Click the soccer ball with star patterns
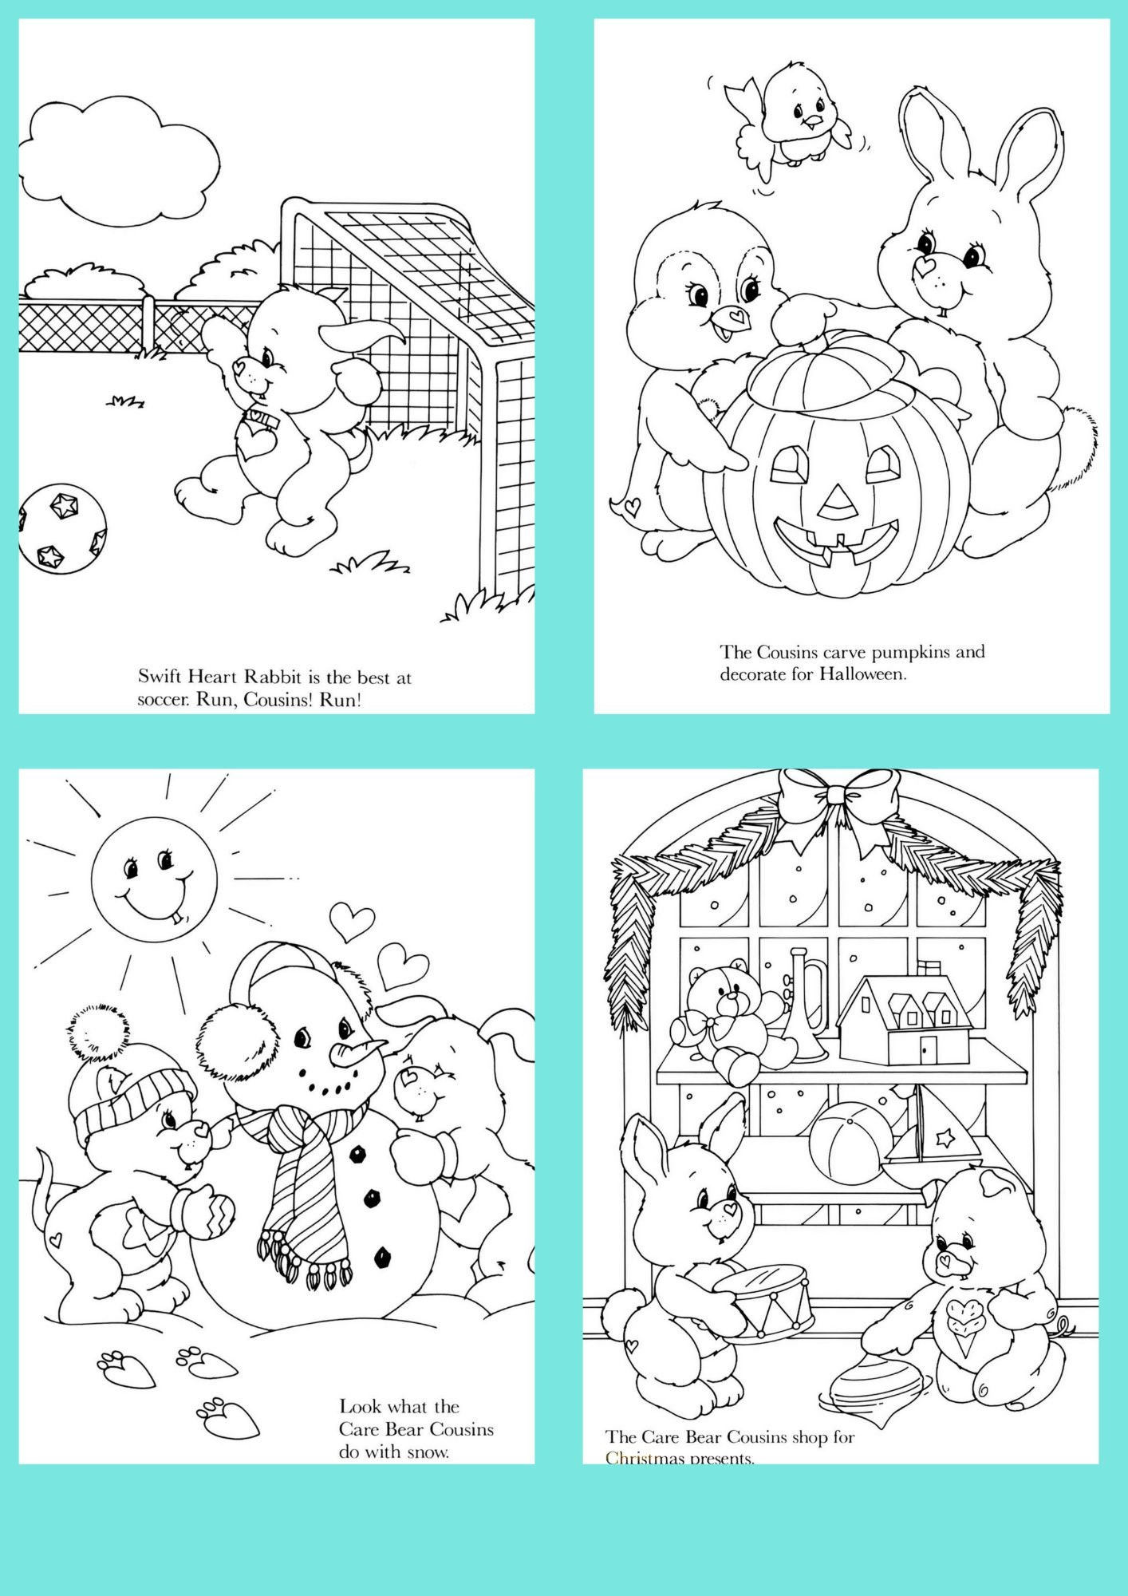point(62,530)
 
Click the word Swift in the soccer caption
point(160,678)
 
